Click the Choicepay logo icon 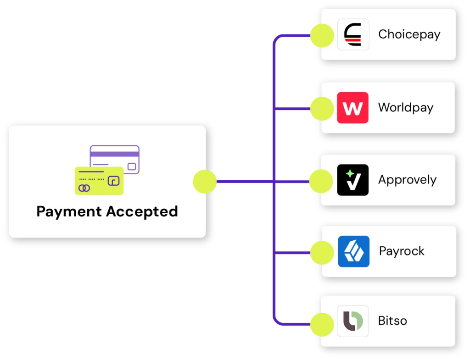coord(353,34)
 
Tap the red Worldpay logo coord(352,108)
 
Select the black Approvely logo coord(352,180)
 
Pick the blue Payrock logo coord(353,251)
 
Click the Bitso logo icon coord(352,321)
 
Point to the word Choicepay coord(409,34)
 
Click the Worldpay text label coord(405,108)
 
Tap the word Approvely coord(407,180)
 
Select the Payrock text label coord(402,251)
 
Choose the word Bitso coord(392,321)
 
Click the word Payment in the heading coord(69,211)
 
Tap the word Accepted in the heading coord(142,211)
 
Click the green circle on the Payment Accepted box coord(205,181)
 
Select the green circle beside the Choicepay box coord(321,35)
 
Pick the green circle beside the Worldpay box coord(321,109)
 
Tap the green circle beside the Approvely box coord(321,181)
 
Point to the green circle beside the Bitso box coord(321,324)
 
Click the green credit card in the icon coord(98,181)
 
